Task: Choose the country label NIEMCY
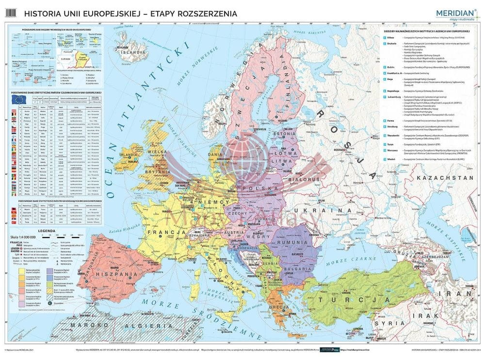click(x=219, y=201)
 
